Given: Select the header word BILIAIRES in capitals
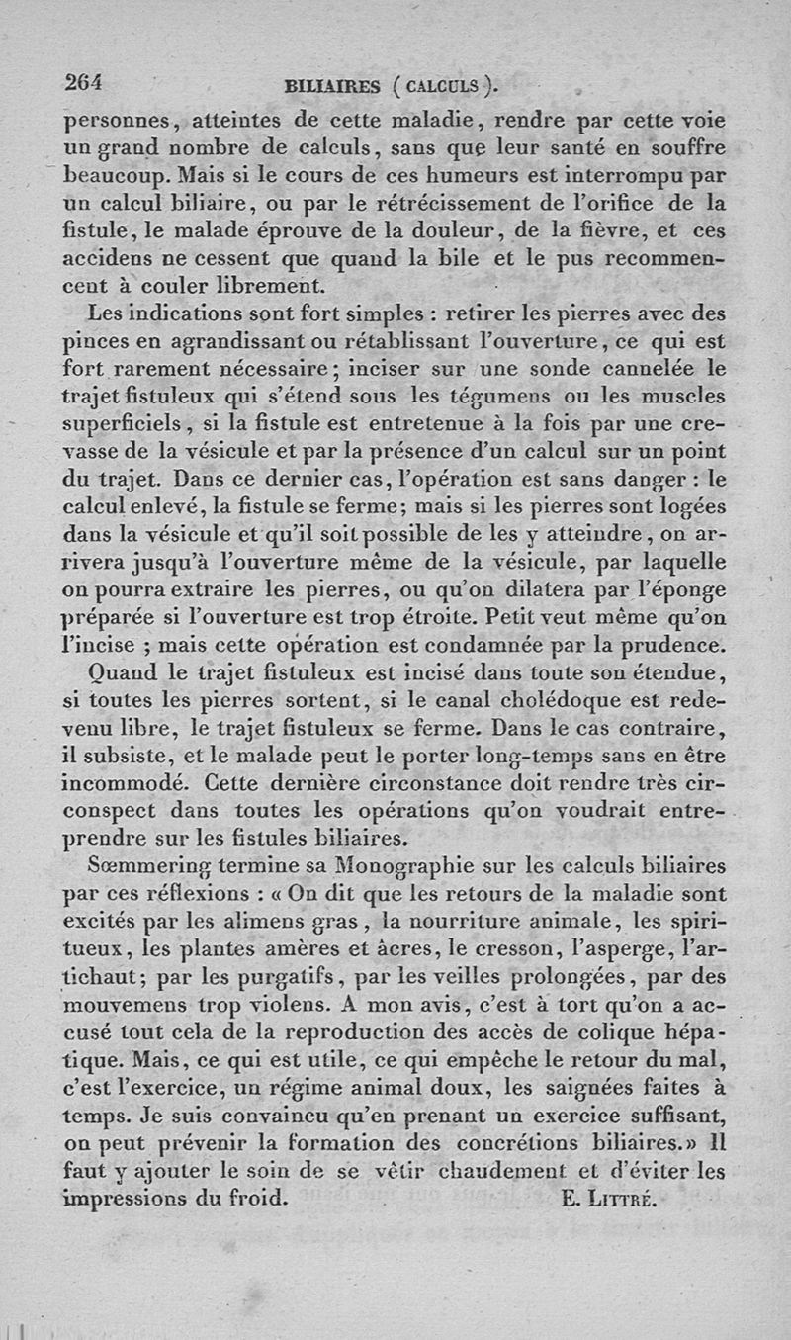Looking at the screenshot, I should [331, 86].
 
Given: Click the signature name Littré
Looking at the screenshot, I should [619, 1200].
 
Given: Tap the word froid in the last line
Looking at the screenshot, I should [259, 1200].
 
